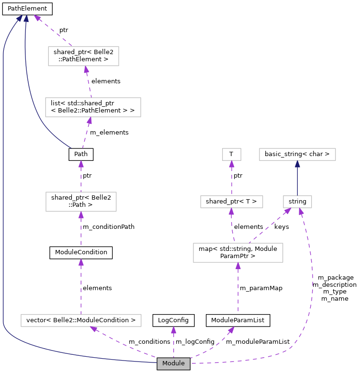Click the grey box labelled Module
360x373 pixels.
(x=173, y=364)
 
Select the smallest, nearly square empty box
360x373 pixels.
(x=232, y=154)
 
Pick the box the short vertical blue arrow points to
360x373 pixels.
(x=297, y=154)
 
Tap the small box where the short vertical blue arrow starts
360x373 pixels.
(x=297, y=202)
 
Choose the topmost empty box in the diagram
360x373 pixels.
(x=83, y=56)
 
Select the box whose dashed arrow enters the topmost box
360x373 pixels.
(x=93, y=107)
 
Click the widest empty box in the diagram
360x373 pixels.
(x=81, y=320)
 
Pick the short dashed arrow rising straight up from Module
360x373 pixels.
(x=173, y=342)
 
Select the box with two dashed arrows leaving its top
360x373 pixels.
(x=238, y=253)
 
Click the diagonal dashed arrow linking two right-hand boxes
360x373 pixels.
(x=269, y=226)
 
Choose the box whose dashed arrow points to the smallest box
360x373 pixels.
(x=232, y=202)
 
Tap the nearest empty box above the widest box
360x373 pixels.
(x=81, y=202)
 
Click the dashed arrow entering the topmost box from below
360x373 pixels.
(x=89, y=82)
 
